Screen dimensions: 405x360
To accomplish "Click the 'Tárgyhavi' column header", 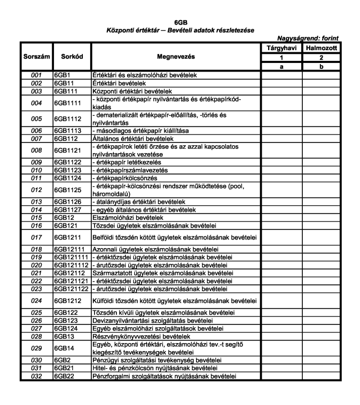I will tap(281, 48).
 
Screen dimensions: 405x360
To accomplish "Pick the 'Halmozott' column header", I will tap(322, 48).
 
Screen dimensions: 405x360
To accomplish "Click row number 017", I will tap(35, 237).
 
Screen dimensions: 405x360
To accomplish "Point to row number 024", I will tap(35, 300).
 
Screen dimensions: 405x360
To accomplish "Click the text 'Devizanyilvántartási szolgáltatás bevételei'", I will tap(153, 321).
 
